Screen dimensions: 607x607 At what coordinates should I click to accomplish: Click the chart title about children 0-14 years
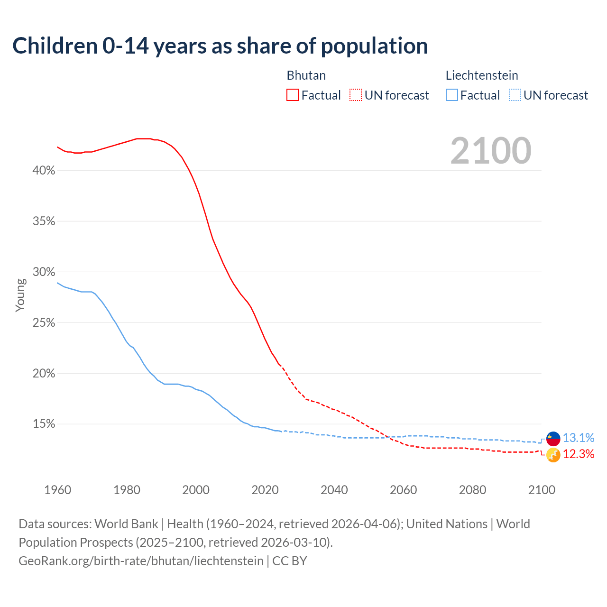point(220,46)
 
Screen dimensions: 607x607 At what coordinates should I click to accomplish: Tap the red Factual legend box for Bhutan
point(293,95)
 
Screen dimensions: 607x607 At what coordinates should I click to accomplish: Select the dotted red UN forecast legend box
point(356,95)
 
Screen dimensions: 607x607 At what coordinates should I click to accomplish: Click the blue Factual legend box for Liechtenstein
point(451,95)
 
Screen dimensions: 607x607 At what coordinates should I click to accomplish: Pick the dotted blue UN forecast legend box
point(515,95)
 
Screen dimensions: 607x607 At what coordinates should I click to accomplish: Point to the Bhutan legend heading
point(306,75)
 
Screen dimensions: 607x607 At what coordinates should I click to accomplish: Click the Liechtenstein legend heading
point(481,75)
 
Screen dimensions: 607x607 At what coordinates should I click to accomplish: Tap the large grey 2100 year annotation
point(491,151)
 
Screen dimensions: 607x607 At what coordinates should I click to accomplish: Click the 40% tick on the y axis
point(44,171)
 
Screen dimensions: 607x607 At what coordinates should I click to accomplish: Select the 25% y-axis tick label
point(44,323)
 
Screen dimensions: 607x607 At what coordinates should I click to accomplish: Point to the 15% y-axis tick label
point(44,424)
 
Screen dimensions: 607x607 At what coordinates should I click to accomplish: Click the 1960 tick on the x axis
point(57,490)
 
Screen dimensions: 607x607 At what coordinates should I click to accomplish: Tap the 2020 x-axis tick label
point(265,490)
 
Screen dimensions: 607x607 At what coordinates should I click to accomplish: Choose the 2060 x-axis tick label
point(404,490)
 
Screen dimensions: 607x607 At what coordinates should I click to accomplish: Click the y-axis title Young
point(20,295)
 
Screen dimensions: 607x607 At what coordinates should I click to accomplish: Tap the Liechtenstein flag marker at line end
point(553,439)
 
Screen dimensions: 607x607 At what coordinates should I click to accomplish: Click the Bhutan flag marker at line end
point(553,455)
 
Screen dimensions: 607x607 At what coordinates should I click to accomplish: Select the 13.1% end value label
point(578,438)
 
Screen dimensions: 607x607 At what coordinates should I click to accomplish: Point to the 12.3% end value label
point(578,454)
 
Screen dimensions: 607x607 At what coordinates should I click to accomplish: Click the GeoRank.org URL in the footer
point(141,561)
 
